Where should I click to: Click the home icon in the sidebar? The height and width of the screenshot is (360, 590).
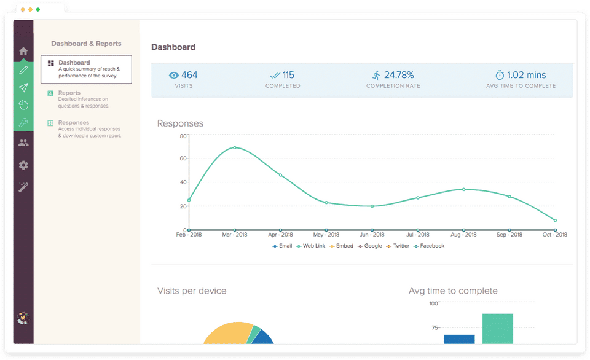23,51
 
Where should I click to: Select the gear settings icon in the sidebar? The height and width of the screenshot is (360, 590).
23,165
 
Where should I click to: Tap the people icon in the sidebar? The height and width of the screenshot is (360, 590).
23,143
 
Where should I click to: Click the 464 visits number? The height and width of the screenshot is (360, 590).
189,75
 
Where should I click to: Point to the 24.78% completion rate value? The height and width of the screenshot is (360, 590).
399,75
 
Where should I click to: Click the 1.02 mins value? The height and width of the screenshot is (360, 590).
527,75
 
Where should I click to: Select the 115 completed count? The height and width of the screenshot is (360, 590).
288,75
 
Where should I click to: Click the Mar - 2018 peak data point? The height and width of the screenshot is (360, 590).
235,147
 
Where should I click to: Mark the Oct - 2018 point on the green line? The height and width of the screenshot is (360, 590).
555,220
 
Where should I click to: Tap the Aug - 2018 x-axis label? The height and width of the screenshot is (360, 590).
463,235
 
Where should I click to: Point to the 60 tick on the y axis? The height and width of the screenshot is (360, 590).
183,158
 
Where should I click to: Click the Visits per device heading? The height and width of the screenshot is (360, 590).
192,291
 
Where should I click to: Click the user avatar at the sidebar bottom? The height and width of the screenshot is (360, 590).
23,318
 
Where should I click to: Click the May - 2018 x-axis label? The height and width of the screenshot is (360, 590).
326,235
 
